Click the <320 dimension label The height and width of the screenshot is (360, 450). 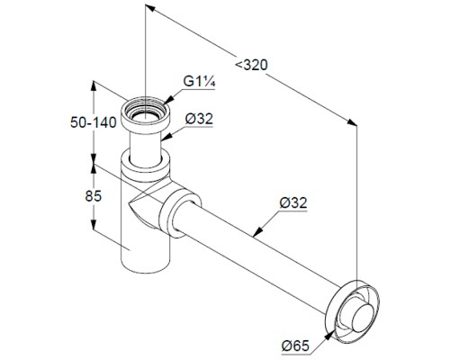click(251, 65)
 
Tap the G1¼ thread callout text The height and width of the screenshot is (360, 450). click(199, 81)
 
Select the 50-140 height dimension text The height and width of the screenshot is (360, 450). click(94, 122)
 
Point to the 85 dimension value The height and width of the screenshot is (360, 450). click(94, 196)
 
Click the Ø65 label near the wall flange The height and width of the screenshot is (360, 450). click(295, 346)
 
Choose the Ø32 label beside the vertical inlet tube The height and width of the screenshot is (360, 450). click(199, 119)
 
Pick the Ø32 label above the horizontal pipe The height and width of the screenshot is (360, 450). click(293, 203)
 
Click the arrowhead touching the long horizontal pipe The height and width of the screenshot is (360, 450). click(257, 231)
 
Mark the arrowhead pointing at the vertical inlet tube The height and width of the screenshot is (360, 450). click(166, 137)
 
